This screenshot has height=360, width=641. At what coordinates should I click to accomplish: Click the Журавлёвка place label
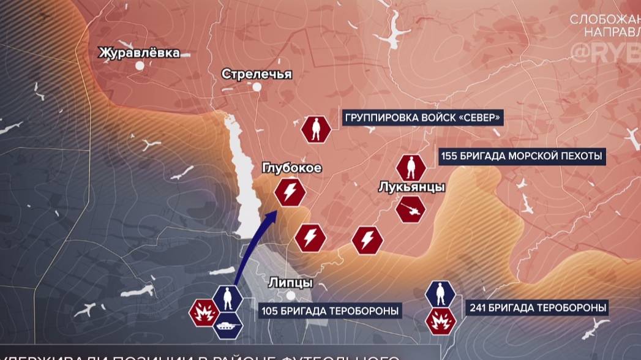pos(140,53)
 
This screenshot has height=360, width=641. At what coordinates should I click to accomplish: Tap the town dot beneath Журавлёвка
pos(140,65)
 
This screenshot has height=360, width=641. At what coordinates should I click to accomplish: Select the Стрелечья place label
pos(257,74)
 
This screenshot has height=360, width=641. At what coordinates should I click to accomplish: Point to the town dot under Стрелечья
pos(257,87)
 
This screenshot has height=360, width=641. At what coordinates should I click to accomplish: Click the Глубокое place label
pos(291,168)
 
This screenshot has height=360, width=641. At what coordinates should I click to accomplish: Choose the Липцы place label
pos(291,282)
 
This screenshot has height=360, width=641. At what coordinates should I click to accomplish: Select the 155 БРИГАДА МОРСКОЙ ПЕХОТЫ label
pos(522,156)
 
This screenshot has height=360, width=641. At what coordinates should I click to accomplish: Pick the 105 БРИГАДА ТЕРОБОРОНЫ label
pos(330,311)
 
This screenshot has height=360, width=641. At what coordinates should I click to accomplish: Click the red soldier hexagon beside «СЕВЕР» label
pos(316,129)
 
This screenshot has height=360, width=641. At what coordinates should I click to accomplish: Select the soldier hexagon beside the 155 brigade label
pos(410,168)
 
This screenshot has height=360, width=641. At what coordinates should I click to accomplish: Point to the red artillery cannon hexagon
pos(411,210)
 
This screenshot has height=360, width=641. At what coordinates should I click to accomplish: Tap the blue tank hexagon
pos(228,324)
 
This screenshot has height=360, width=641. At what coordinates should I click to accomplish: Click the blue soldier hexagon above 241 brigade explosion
pos(440,294)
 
